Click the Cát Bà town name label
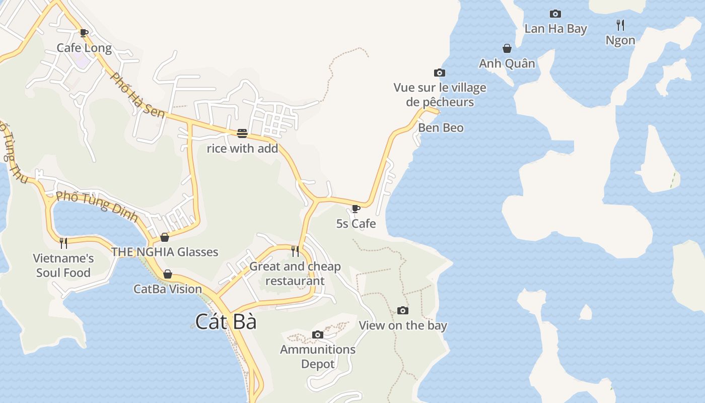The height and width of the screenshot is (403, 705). click(226, 322)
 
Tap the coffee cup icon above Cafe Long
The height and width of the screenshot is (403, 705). click(84, 33)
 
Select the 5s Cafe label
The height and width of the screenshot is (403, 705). click(356, 223)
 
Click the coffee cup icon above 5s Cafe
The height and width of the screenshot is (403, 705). click(356, 209)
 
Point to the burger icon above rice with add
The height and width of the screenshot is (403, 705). click(242, 133)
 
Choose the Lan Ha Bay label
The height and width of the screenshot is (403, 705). click(555, 29)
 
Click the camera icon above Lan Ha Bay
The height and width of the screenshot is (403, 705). click(555, 14)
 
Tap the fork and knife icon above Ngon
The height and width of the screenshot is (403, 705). click(620, 25)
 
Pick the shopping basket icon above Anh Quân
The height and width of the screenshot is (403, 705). click(507, 48)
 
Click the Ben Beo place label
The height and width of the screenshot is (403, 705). click(441, 128)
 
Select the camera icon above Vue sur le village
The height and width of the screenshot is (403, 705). click(440, 73)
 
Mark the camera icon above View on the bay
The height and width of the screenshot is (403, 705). click(403, 310)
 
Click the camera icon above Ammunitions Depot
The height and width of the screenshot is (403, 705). click(318, 334)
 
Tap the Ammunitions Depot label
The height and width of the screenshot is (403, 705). click(318, 356)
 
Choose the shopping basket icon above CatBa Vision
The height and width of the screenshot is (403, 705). click(168, 275)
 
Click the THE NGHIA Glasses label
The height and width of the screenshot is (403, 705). click(165, 252)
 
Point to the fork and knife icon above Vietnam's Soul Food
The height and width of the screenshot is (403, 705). click(63, 243)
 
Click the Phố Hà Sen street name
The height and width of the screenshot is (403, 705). click(137, 96)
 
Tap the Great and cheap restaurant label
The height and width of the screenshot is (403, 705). click(295, 274)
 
